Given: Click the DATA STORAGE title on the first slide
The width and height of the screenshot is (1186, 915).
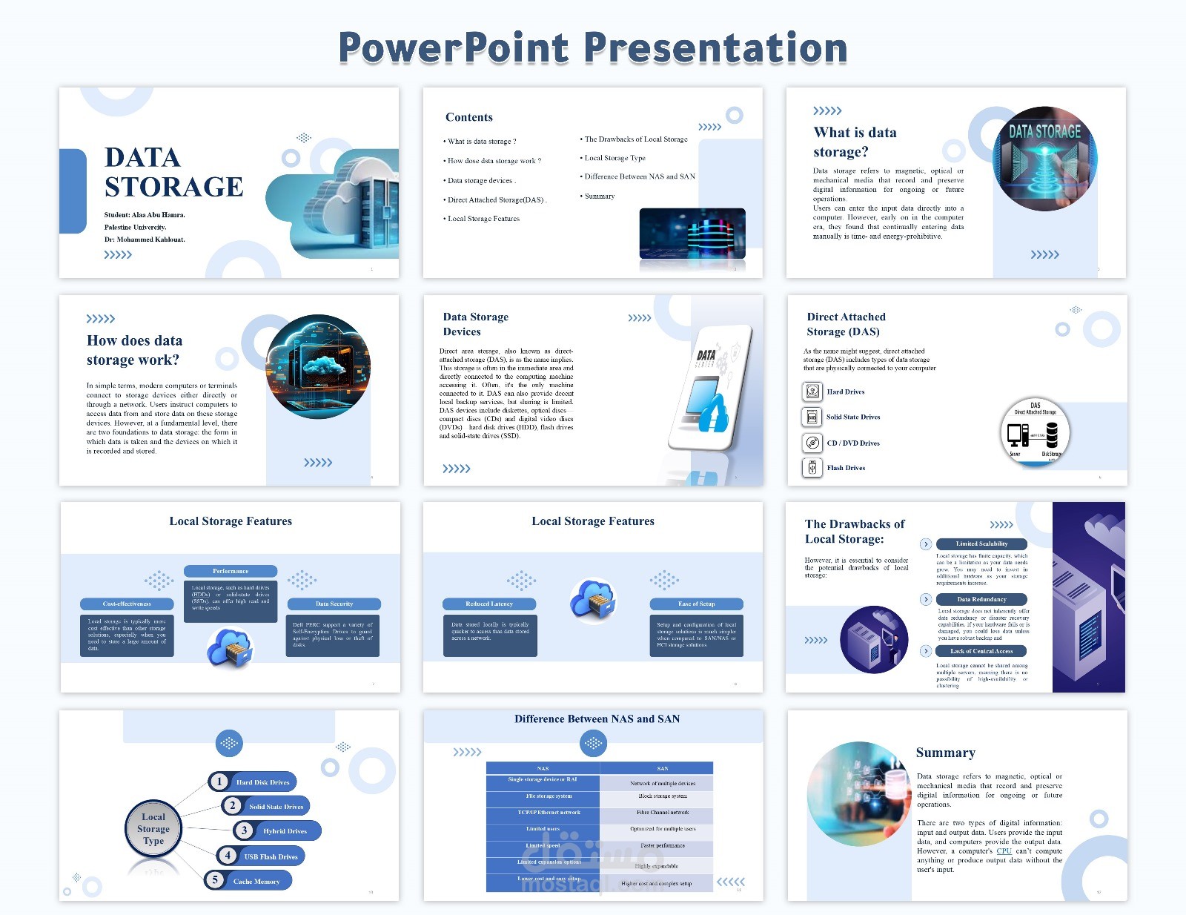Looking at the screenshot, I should point(173,172).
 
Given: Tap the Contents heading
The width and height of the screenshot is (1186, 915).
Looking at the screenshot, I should point(468,117).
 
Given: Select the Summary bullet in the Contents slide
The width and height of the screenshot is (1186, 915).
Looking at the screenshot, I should point(599,196).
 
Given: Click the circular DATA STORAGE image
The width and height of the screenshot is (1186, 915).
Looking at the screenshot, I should point(1044,158).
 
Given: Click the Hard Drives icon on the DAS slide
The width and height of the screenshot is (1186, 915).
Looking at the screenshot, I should point(812,392).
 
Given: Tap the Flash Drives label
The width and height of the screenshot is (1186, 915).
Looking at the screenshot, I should point(846,468).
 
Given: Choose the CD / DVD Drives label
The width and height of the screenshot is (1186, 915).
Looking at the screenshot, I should point(853,443).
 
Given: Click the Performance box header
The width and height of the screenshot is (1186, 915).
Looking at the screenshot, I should point(231,571).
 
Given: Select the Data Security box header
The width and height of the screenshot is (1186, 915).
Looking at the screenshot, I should point(334,604).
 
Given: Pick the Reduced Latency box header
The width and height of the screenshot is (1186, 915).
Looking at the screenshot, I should point(489,604).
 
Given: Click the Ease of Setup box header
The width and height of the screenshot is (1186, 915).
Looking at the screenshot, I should point(696,604).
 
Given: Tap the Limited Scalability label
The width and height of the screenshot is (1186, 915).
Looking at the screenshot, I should point(981,544).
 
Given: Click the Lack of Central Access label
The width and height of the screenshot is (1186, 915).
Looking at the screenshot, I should point(981,651).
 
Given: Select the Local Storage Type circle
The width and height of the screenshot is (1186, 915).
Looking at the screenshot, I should point(153,828).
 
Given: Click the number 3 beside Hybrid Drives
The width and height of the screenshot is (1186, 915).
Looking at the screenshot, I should point(244,830).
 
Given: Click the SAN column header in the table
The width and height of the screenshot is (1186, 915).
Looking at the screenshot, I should point(662,768).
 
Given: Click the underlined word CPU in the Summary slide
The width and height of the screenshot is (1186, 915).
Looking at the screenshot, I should point(1004,851).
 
